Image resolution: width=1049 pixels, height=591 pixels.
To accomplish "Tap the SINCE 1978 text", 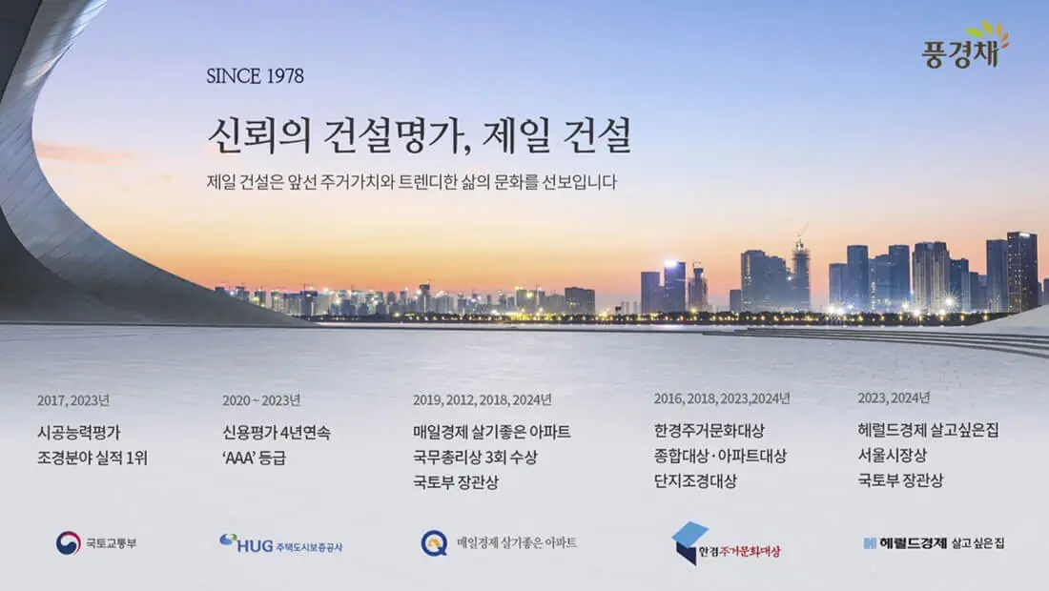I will tap(255, 76).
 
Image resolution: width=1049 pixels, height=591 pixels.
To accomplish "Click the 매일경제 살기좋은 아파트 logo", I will tap(499, 543).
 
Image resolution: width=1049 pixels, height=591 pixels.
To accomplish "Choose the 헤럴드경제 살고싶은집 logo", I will tap(934, 543).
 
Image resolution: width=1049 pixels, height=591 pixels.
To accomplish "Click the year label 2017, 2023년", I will tap(73, 399).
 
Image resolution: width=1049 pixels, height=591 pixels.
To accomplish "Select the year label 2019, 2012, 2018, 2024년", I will tap(482, 399).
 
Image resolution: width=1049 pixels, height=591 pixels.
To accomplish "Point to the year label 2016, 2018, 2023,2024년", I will tap(722, 398).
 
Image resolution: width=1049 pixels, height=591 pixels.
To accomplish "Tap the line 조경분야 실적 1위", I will tap(93, 458).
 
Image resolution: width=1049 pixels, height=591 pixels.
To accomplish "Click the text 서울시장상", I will tap(892, 456).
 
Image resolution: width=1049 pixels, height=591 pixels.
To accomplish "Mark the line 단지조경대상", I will tap(695, 481).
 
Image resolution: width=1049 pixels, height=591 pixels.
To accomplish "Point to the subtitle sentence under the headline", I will tap(411, 181).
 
